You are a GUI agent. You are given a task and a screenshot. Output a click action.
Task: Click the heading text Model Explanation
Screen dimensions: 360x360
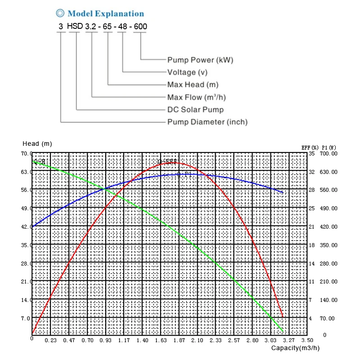[106, 14]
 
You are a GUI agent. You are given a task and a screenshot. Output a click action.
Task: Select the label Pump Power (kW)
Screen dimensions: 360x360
[200, 60]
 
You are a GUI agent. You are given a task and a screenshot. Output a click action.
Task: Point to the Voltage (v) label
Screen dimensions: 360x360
[188, 72]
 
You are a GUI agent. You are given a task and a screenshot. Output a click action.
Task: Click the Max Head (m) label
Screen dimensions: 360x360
[193, 85]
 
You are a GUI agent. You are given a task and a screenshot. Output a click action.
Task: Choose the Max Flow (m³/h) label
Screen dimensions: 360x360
[196, 97]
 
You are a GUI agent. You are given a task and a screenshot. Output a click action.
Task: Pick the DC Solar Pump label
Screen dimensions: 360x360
[195, 109]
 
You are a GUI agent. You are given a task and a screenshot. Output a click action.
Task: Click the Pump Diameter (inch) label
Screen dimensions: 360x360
[207, 122]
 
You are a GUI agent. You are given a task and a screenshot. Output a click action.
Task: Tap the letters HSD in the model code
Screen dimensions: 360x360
[75, 26]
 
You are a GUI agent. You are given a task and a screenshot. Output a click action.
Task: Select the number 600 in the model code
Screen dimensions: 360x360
[140, 27]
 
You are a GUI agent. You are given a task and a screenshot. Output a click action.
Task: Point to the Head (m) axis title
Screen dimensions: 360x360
[37, 144]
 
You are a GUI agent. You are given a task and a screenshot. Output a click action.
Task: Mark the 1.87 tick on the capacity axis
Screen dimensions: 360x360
[179, 341]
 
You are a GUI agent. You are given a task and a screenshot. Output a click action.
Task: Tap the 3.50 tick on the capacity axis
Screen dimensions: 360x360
[307, 341]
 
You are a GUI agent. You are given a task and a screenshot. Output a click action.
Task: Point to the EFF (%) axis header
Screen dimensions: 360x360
[310, 147]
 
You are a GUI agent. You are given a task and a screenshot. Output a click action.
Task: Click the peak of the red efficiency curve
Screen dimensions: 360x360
[174, 162]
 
